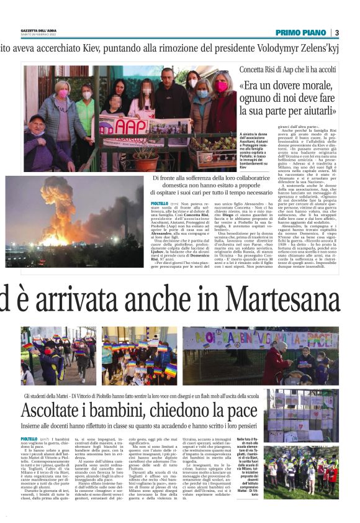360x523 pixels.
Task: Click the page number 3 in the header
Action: point(336,32)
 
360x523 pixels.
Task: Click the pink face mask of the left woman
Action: point(63,94)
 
